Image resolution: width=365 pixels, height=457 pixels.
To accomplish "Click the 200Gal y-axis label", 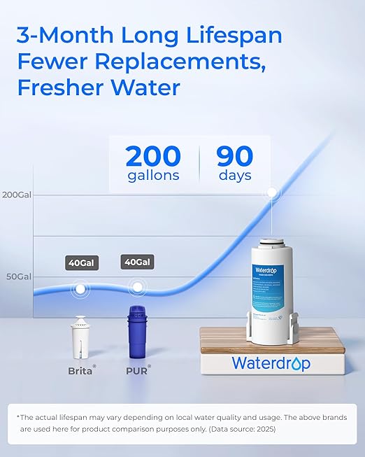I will coord(17,195).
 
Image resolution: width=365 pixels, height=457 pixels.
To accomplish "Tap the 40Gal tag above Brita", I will coord(80,263).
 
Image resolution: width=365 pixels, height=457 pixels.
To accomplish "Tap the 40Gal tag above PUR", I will coord(138,262).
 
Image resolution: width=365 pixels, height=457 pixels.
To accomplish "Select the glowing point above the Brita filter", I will coord(80,288).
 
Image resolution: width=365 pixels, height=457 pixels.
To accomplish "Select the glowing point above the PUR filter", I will coord(138,286).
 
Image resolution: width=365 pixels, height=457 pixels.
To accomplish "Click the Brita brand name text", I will coord(80,371).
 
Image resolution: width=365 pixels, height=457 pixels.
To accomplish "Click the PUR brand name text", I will coord(137,371).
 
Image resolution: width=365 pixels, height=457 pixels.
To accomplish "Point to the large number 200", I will coord(153,155).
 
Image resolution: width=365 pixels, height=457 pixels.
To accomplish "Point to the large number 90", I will coord(235,155).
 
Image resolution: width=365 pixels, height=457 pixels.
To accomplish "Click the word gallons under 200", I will coord(153,176).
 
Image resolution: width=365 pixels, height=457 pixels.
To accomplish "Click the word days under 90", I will coord(235,176).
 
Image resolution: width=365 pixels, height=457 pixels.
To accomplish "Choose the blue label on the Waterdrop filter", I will coord(273,291).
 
